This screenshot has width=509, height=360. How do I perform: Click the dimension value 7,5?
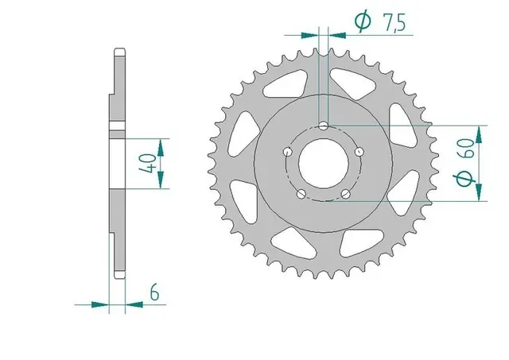[394, 25]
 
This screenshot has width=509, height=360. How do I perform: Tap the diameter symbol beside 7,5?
[362, 24]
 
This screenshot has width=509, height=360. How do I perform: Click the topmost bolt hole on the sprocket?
[324, 126]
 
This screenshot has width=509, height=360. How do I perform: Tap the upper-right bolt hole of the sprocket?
[359, 151]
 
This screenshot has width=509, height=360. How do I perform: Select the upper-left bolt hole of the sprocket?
[287, 151]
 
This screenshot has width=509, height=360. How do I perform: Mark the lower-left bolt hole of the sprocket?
[301, 193]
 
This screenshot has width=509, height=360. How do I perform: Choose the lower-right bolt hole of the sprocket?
[346, 193]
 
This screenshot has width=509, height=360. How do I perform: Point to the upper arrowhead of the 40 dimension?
[162, 145]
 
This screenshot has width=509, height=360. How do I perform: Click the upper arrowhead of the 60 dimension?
[480, 132]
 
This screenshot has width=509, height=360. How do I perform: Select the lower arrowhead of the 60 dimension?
[480, 195]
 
